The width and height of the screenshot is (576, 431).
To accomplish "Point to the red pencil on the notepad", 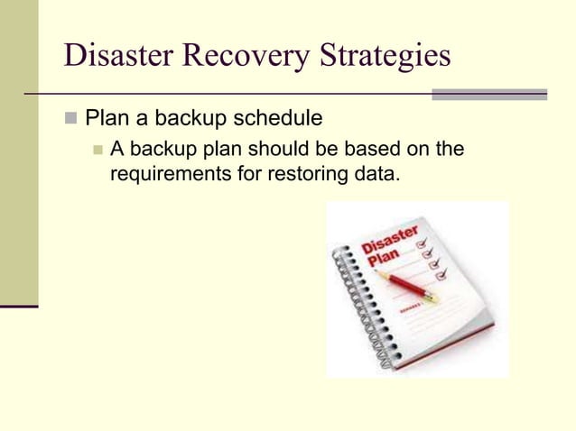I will pyautogui.click(x=406, y=286).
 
